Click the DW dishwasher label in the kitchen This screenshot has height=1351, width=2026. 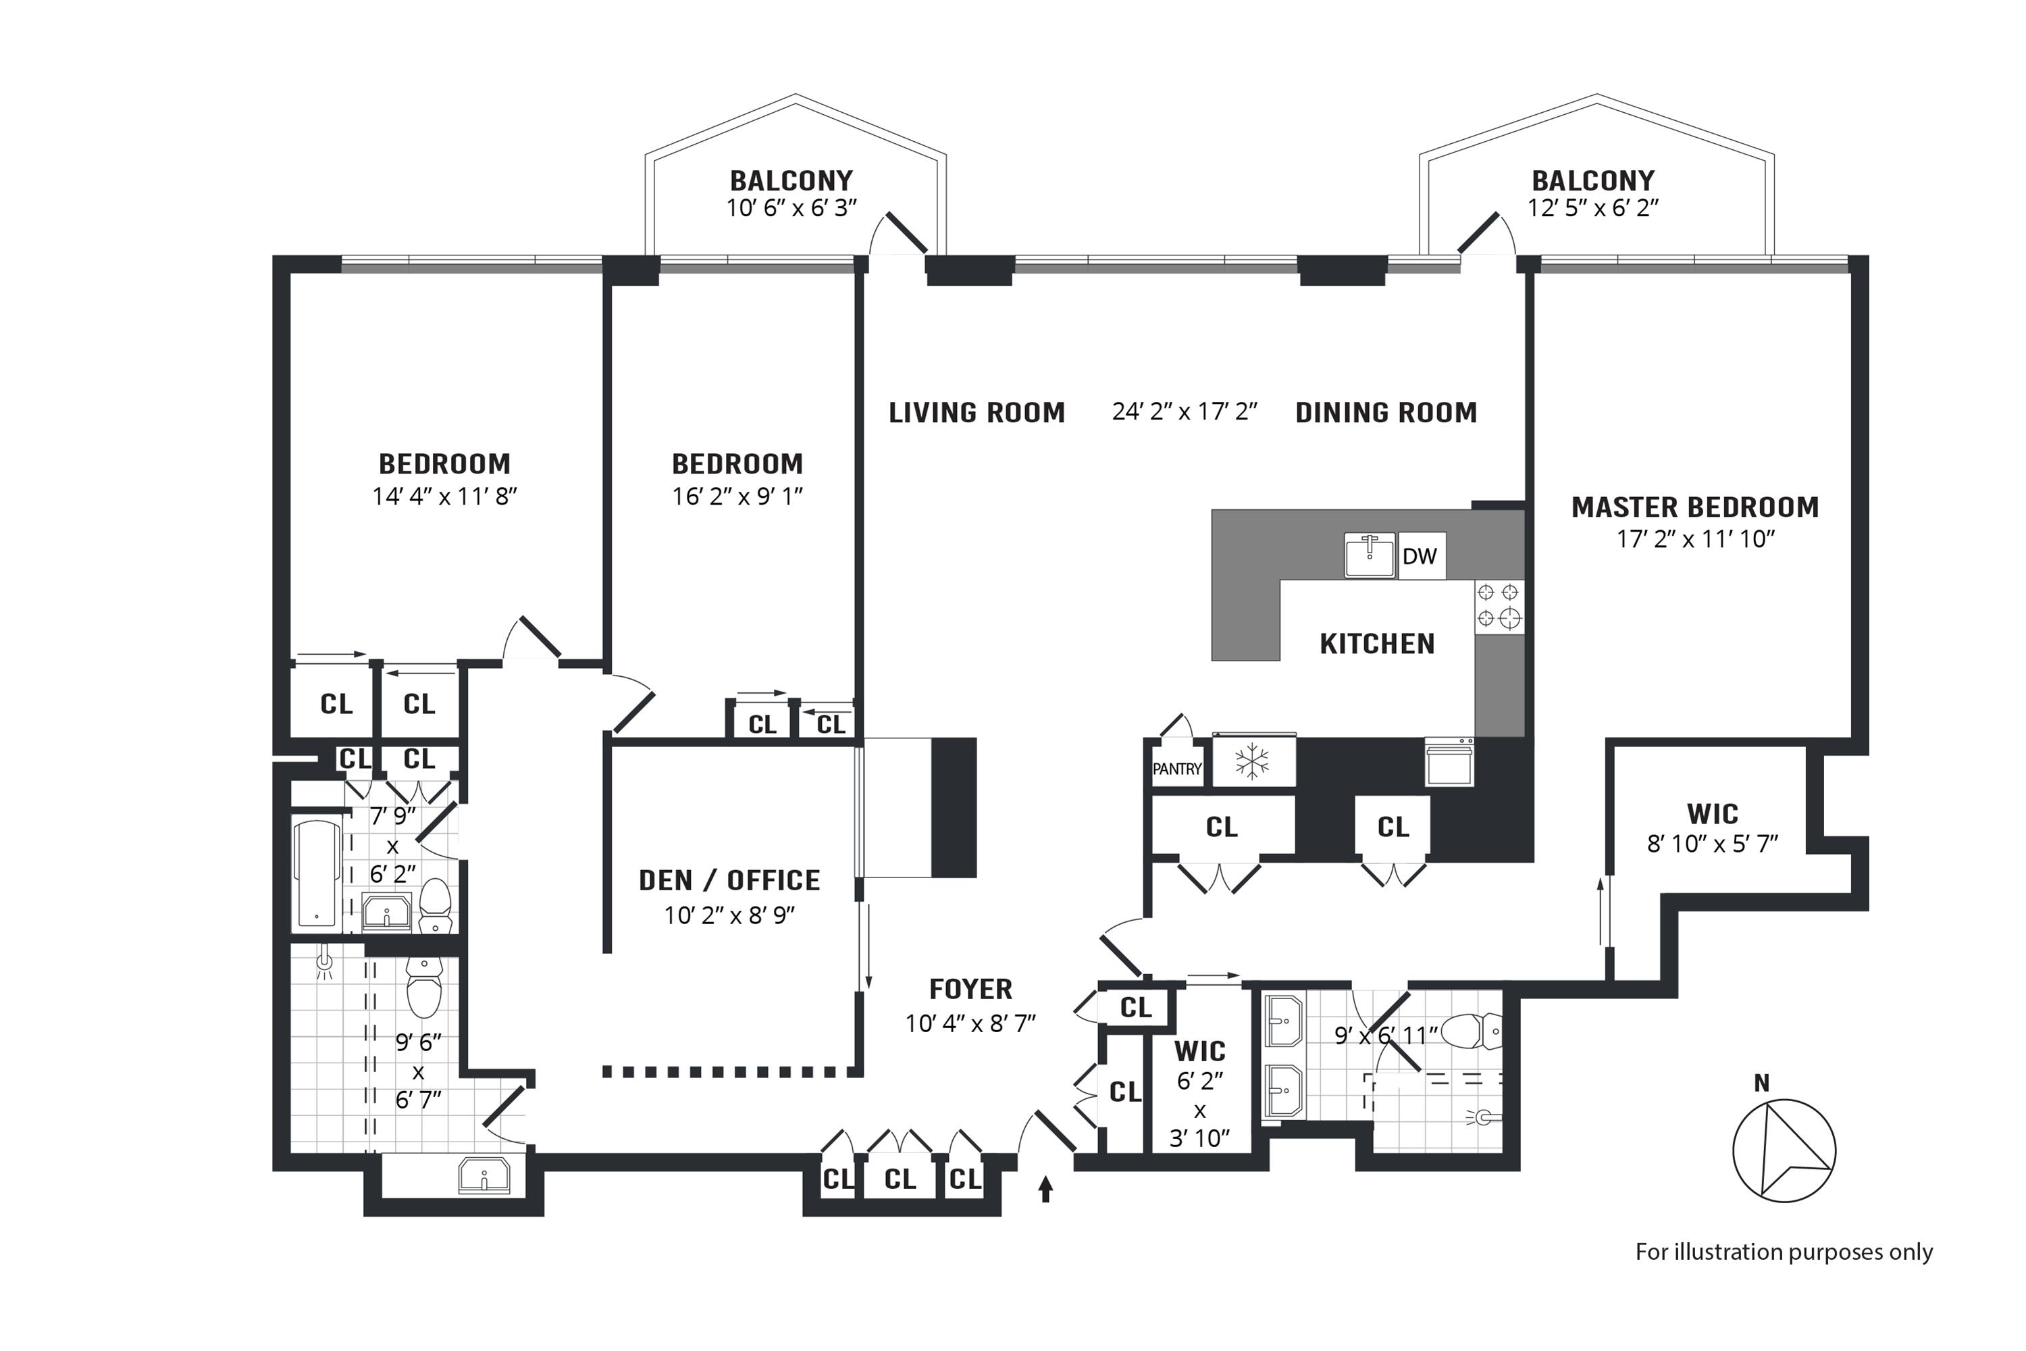click(x=1420, y=556)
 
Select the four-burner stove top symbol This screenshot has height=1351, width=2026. click(x=1499, y=607)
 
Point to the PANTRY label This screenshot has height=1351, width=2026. click(x=1176, y=769)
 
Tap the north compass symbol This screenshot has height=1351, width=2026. click(x=1784, y=1150)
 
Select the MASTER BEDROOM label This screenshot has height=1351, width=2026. click(x=1695, y=507)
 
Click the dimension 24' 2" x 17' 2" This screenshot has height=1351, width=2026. click(x=1185, y=412)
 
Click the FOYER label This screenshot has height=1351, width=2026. click(x=971, y=988)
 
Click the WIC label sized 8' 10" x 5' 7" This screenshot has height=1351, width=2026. click(x=1713, y=813)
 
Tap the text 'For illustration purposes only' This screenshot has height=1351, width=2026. click(x=1784, y=1252)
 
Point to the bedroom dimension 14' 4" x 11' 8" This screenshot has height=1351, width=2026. click(x=444, y=496)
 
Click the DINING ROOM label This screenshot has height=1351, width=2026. click(x=1386, y=413)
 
